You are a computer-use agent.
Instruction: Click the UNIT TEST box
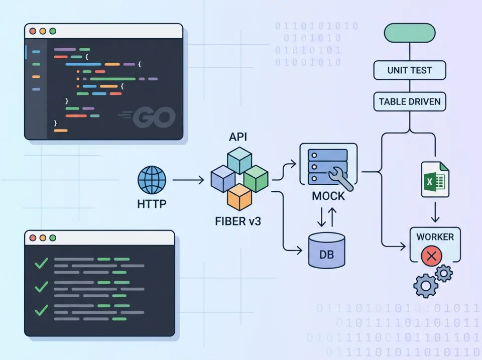(410, 70)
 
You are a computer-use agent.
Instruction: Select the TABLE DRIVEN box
(410, 101)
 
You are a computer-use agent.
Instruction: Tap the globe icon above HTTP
(152, 180)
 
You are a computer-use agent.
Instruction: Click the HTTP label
(152, 205)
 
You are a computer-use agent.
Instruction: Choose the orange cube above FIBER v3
(238, 197)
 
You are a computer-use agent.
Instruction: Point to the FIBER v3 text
(238, 221)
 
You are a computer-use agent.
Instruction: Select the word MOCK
(329, 196)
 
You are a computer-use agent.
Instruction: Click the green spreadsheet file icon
(435, 180)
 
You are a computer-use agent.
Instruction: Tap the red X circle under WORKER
(431, 257)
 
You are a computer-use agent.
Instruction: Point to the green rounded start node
(409, 33)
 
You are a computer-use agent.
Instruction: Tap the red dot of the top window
(33, 31)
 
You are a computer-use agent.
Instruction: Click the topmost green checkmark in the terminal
(41, 264)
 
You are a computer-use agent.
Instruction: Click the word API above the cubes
(238, 137)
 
